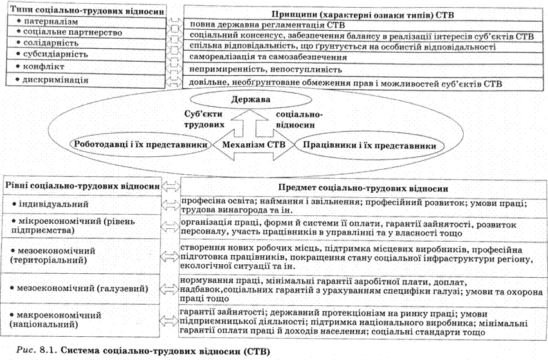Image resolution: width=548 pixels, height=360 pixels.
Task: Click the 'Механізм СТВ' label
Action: (252, 145)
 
